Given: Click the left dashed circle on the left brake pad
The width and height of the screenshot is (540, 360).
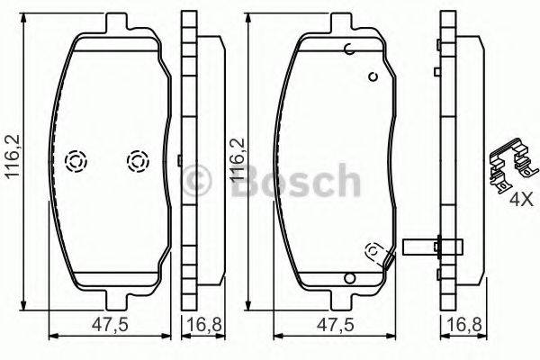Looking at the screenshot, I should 76,161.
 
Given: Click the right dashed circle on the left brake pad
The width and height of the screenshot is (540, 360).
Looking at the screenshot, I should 138,161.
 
